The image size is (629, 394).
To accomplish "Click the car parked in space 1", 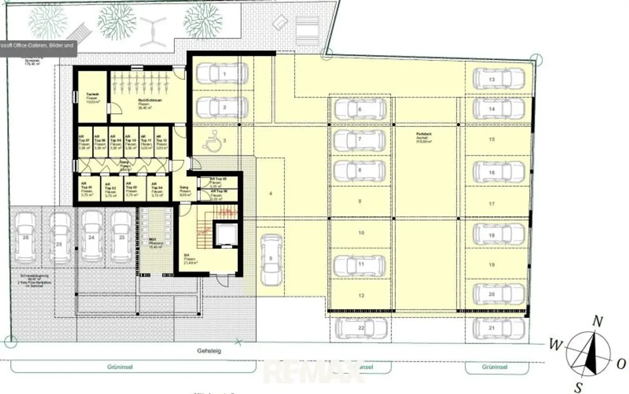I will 222,74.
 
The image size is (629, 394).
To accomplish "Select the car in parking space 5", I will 271,260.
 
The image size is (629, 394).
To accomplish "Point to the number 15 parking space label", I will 492,139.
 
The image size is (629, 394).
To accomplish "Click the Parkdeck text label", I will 423,134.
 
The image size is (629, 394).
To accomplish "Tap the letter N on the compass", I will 597,322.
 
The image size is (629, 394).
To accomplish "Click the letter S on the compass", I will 579,386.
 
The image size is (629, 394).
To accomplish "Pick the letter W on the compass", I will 555,345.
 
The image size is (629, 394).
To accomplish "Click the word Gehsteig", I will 209,351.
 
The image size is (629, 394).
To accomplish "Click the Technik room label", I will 92,95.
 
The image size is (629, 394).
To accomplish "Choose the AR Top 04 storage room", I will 156,189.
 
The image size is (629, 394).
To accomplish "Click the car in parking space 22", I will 361,328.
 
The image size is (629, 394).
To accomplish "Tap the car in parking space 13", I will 498,79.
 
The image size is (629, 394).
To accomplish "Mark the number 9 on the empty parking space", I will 360,201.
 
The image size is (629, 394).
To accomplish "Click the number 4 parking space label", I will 271,193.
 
